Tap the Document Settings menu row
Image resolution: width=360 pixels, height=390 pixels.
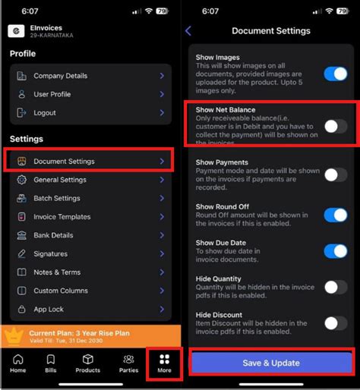tap(89, 162)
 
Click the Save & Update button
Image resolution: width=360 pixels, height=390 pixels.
tap(270, 363)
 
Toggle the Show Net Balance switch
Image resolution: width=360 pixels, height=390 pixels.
tap(335, 126)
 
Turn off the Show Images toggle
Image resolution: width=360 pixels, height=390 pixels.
tap(335, 74)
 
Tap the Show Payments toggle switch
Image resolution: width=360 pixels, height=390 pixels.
tap(335, 175)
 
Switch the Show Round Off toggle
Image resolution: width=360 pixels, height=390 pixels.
tap(335, 215)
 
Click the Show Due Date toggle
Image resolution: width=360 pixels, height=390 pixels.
tap(335, 251)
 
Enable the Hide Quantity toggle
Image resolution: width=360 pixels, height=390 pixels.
tap(335, 287)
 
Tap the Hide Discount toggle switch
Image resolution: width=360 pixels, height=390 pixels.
tap(335, 322)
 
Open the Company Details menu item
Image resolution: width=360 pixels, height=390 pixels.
tap(89, 76)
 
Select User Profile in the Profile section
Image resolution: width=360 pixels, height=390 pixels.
tap(89, 94)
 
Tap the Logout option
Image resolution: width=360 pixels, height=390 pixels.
tap(89, 113)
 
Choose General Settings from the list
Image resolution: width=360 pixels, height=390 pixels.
tap(89, 180)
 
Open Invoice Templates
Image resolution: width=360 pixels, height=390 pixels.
tap(89, 217)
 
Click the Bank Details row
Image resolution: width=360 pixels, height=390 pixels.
tap(89, 235)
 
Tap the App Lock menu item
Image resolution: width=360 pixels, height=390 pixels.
tap(89, 309)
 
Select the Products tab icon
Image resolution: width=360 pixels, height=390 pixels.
tap(88, 363)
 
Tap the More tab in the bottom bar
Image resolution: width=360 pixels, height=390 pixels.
tap(165, 363)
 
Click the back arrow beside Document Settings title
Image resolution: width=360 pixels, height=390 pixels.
tap(188, 31)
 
